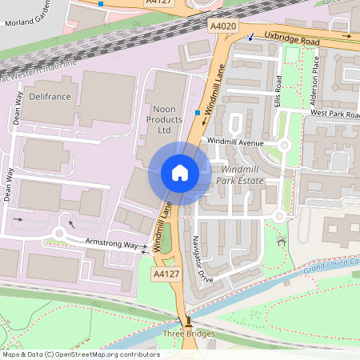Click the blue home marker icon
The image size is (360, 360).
point(180,173)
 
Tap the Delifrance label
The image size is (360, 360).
point(50,96)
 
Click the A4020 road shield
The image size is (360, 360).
point(223,26)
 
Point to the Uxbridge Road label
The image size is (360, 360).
point(292,39)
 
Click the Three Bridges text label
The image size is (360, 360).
point(188,334)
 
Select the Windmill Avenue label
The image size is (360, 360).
point(234,142)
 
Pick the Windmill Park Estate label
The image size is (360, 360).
point(242,175)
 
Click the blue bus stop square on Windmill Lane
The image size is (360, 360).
point(198,113)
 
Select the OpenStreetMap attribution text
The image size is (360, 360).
point(81,354)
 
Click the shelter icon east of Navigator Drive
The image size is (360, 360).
point(281,240)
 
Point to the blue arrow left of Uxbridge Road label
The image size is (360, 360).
point(251,38)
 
